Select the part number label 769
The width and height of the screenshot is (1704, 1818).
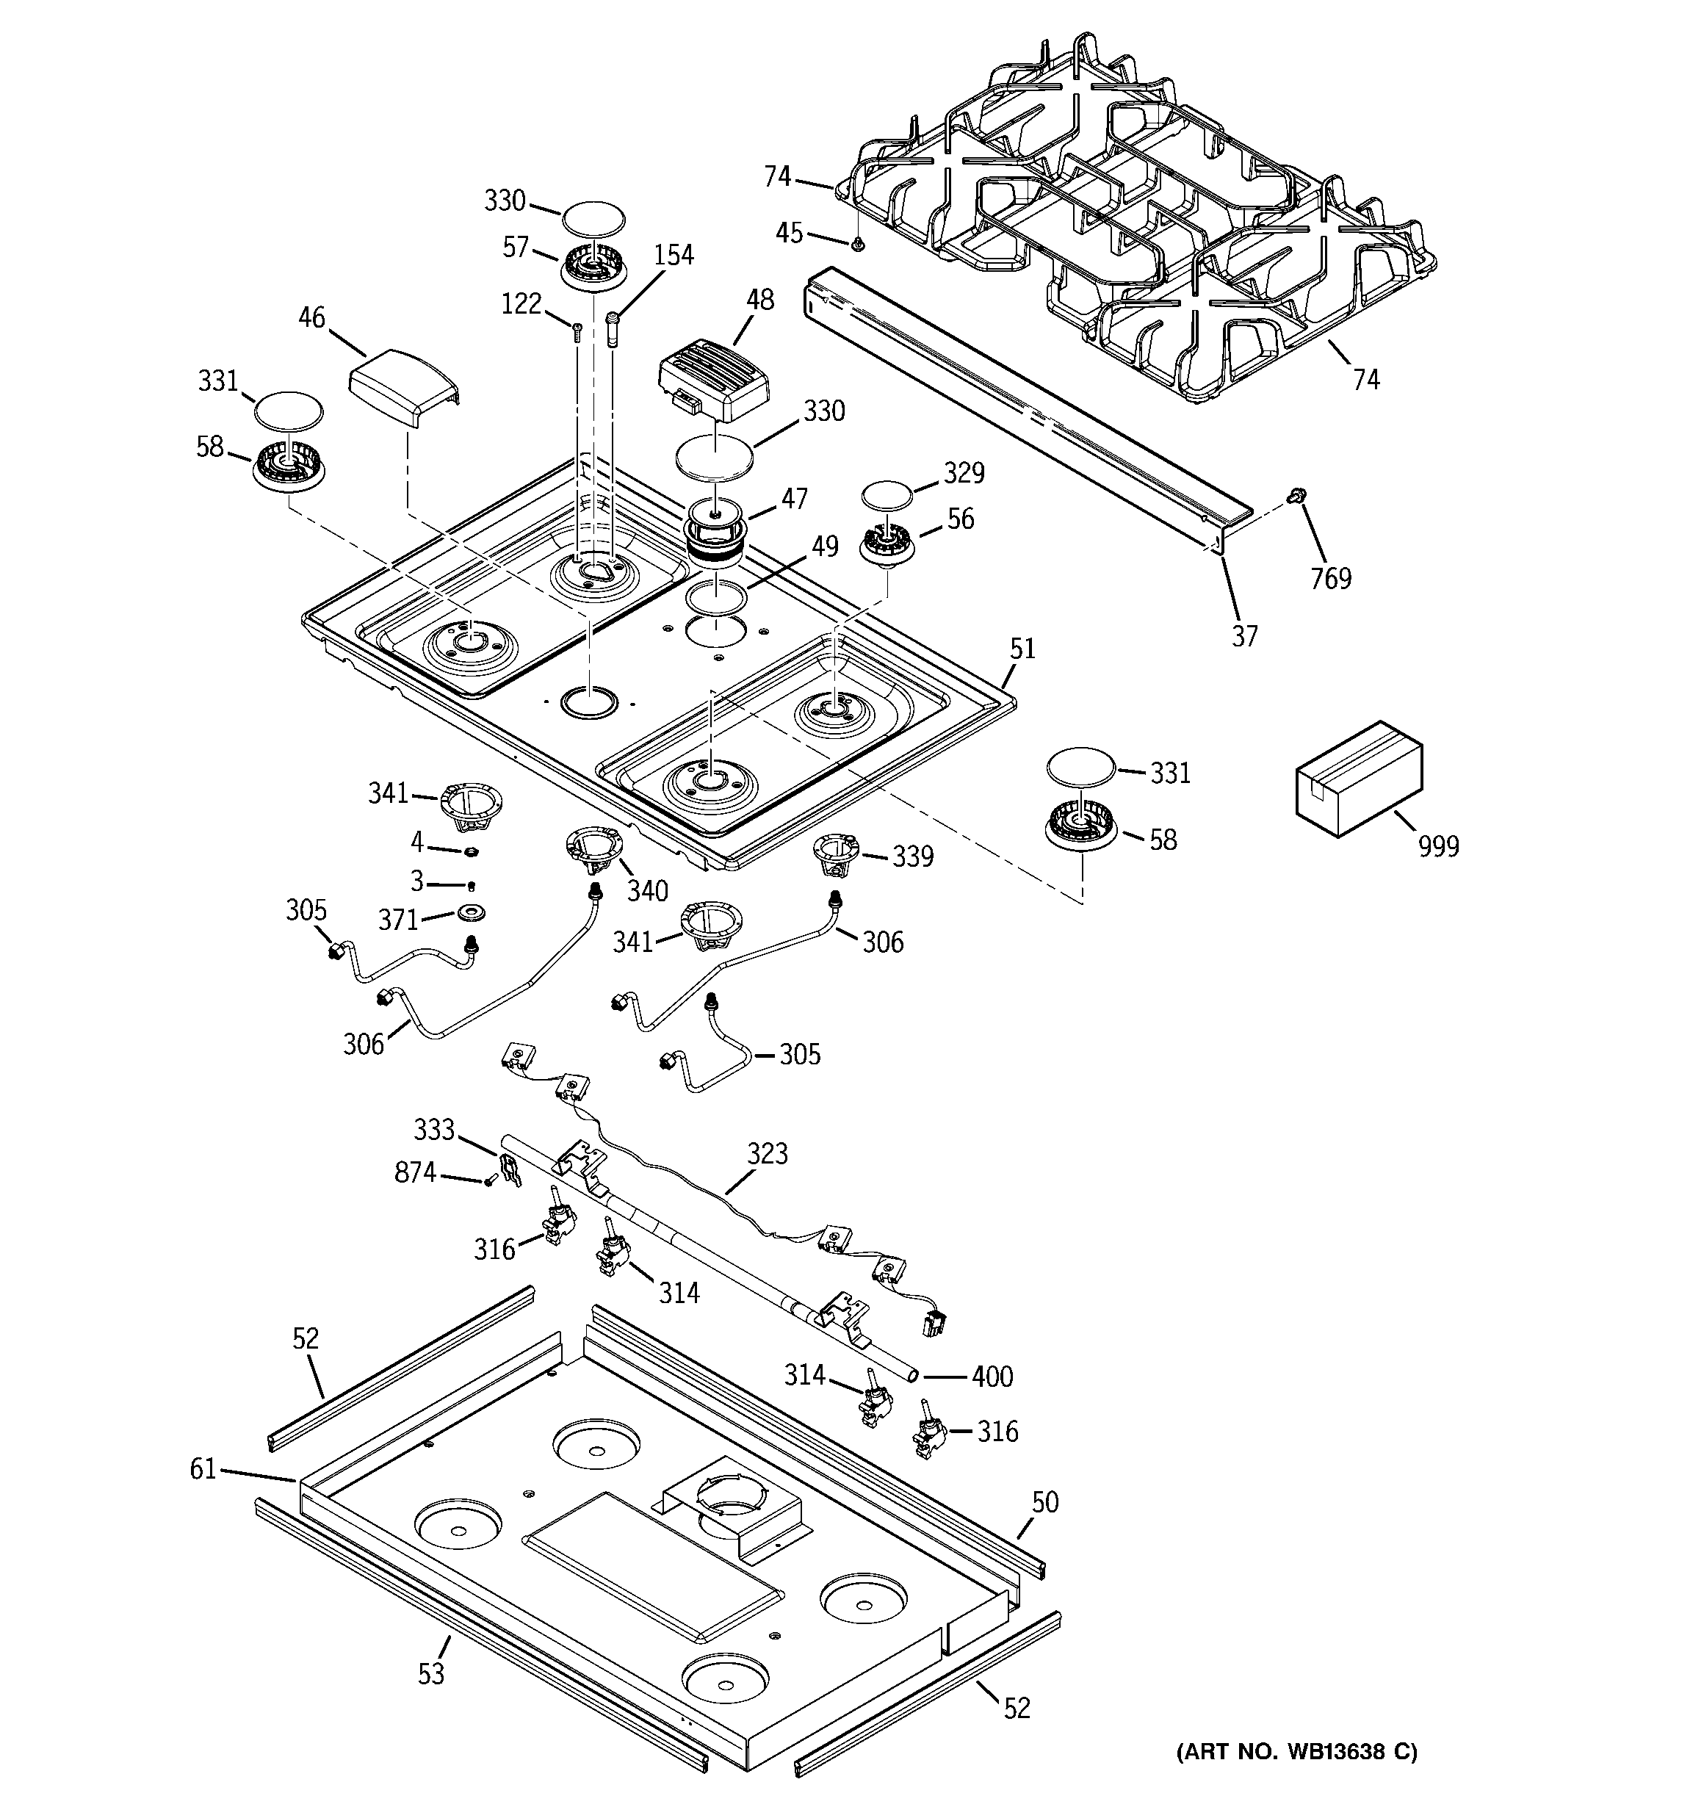click(x=1330, y=579)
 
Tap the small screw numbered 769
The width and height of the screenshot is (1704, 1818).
click(x=1295, y=496)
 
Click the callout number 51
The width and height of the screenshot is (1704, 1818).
click(x=1022, y=649)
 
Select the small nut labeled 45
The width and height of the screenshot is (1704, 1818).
click(x=858, y=243)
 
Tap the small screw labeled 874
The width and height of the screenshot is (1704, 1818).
click(x=489, y=1182)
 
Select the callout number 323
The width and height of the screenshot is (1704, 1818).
click(x=767, y=1154)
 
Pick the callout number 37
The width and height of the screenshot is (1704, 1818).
click(x=1244, y=636)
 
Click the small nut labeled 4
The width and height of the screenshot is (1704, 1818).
click(x=471, y=851)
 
